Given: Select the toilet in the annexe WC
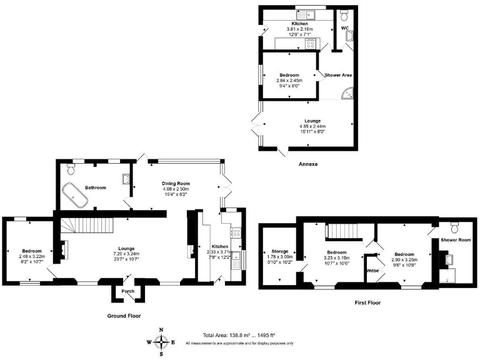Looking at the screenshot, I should click(346, 12).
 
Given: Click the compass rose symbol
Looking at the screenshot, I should click(162, 342).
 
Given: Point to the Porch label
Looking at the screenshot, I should click(127, 290).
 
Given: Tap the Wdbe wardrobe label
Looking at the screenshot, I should click(373, 271).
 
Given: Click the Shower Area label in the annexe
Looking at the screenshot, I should click(338, 75).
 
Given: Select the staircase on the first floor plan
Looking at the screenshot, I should click(342, 231).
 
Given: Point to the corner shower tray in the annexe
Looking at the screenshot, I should click(346, 94).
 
